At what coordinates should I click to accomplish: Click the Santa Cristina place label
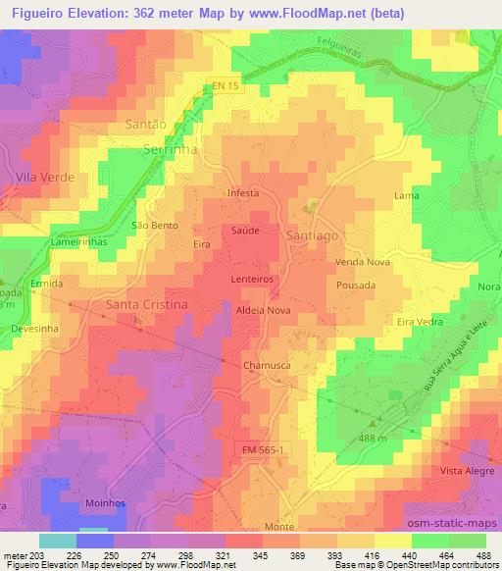(146, 305)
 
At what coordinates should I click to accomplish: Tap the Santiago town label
(313, 237)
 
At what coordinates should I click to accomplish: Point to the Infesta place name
(243, 193)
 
